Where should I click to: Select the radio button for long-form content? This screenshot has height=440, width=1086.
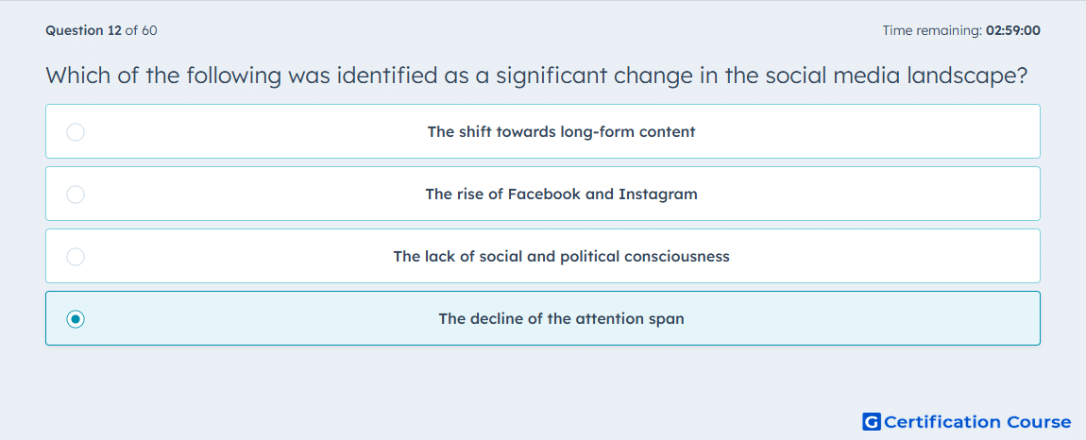[76, 131]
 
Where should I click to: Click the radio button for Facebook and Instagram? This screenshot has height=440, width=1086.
[76, 195]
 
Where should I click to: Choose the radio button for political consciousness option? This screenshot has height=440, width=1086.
[76, 257]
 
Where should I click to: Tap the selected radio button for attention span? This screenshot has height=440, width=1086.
[76, 319]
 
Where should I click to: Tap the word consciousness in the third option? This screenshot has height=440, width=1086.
[677, 257]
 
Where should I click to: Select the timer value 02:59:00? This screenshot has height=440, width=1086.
[1012, 30]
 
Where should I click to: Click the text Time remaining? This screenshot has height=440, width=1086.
[932, 30]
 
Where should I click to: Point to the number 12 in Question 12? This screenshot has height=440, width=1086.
[115, 30]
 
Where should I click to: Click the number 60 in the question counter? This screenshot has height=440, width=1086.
[149, 30]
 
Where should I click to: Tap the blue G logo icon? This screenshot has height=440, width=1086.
[872, 421]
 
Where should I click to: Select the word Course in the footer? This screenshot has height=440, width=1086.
[1041, 421]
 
